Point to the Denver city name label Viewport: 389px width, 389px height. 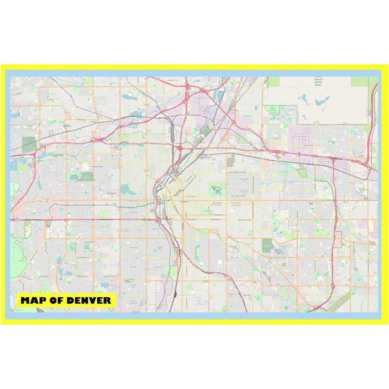[185, 200]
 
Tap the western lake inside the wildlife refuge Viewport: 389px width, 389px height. [303, 97]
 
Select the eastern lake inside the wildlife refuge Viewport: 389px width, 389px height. [322, 98]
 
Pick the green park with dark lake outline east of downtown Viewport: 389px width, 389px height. [218, 191]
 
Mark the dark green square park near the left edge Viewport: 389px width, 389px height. [29, 145]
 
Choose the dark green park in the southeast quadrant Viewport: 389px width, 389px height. [267, 245]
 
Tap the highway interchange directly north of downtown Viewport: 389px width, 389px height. [181, 148]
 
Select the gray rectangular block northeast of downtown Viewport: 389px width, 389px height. [230, 160]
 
